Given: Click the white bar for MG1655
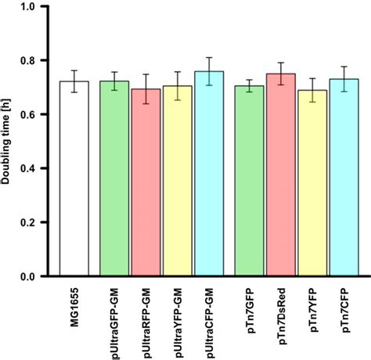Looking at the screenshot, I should click(x=75, y=180).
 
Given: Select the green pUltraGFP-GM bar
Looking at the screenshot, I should click(x=116, y=180).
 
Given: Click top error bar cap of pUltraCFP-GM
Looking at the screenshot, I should click(x=208, y=57).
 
